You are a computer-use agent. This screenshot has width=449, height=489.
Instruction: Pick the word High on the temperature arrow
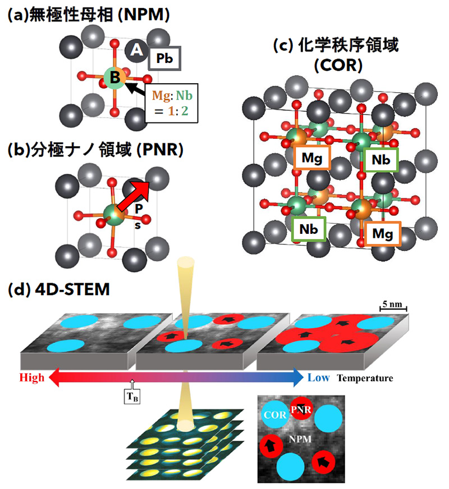(31, 378)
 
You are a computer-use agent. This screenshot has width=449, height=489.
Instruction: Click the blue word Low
(319, 378)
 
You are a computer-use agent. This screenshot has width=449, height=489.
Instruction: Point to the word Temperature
(365, 378)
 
